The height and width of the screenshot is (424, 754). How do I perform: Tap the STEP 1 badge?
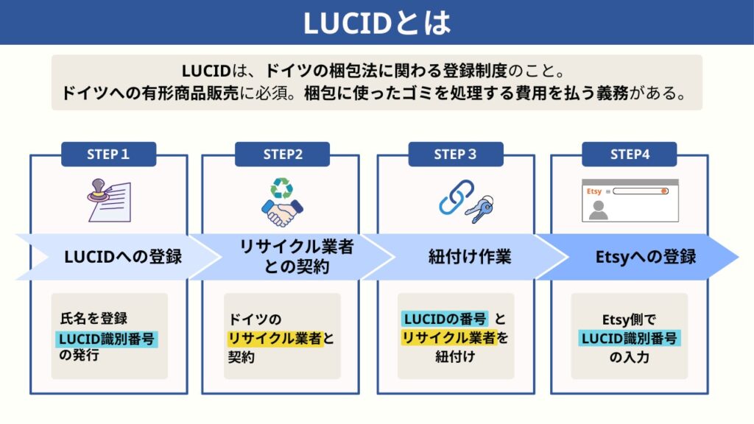click(108, 154)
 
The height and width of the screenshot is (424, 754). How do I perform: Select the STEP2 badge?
click(282, 154)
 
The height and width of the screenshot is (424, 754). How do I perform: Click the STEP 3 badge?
click(456, 154)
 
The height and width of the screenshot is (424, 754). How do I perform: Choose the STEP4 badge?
click(630, 154)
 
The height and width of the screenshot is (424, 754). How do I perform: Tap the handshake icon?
click(282, 213)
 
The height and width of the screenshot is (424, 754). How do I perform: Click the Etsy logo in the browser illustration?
click(594, 191)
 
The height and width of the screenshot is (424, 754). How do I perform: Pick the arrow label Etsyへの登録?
click(645, 258)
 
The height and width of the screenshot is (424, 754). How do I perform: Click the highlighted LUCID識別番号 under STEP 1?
click(109, 339)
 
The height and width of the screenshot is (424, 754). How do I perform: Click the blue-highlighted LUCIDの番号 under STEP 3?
click(444, 319)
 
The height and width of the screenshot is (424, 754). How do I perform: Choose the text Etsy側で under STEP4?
click(630, 319)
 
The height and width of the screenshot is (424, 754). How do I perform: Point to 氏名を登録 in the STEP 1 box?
click(94, 319)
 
